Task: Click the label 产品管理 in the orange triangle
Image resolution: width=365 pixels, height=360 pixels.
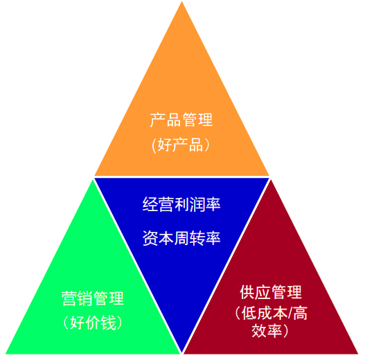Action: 181,120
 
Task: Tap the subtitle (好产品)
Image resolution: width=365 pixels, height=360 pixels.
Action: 181,145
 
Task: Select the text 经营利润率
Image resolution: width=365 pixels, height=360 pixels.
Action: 181,204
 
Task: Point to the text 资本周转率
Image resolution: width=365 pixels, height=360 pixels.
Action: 181,238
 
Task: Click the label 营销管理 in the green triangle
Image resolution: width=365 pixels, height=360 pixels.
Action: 92,298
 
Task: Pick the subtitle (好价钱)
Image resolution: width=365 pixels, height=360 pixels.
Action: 92,323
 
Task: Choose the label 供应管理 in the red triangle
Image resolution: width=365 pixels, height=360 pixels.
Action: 271,292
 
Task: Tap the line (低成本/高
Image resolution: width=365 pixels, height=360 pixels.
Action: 271,313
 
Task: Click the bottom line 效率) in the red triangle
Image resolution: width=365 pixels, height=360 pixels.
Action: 270,331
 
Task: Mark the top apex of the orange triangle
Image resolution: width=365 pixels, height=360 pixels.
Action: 181,1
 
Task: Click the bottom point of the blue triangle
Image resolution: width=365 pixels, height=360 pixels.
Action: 181,352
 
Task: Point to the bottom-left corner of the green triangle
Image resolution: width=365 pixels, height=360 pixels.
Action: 6,354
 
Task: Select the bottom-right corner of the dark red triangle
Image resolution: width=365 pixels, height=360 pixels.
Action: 357,354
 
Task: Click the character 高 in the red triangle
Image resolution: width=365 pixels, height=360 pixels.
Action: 300,313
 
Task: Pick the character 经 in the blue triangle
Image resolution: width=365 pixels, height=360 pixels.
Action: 150,204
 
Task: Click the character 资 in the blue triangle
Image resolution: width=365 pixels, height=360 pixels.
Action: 150,238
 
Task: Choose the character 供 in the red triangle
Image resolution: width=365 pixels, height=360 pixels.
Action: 247,292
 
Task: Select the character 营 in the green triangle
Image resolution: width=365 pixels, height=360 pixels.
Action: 69,298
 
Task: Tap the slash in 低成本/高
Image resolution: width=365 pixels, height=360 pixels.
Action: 290,313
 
